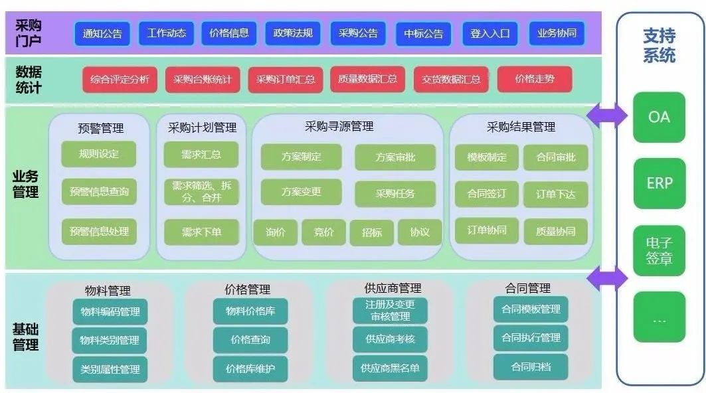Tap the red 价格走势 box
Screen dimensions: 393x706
534,80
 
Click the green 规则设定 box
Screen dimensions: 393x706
98,154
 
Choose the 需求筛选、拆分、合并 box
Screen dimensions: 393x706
201,192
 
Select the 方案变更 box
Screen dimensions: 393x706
301,192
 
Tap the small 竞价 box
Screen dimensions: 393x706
323,232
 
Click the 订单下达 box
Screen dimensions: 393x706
555,195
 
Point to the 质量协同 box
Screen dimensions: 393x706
555,232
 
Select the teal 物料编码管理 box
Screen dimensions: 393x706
110,312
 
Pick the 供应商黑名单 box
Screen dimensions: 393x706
390,368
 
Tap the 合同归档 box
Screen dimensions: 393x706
531,366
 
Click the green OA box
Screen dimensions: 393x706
659,118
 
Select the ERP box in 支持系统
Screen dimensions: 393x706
659,183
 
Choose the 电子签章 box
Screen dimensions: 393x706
659,251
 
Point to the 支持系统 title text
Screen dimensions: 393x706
659,45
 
